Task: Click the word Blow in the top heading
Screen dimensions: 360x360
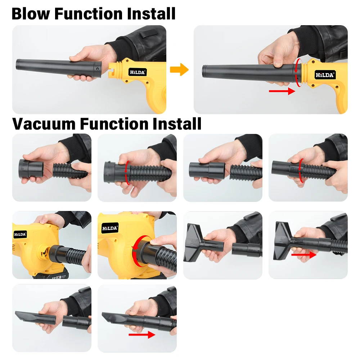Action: click(x=31, y=14)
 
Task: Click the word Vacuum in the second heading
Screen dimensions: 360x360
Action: click(x=44, y=124)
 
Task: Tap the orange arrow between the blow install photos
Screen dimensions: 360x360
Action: click(x=179, y=69)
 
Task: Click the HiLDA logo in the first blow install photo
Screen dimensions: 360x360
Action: click(x=137, y=72)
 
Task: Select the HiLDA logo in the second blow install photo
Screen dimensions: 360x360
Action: click(x=325, y=75)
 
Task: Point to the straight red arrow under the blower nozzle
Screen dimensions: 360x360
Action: click(x=282, y=91)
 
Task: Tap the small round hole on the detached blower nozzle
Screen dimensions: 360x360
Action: click(x=98, y=69)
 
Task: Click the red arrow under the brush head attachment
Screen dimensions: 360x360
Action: click(x=304, y=255)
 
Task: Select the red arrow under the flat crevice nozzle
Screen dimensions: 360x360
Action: click(x=142, y=334)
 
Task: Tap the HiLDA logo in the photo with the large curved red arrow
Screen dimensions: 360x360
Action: click(x=110, y=228)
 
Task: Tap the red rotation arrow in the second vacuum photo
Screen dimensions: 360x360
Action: click(x=126, y=173)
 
